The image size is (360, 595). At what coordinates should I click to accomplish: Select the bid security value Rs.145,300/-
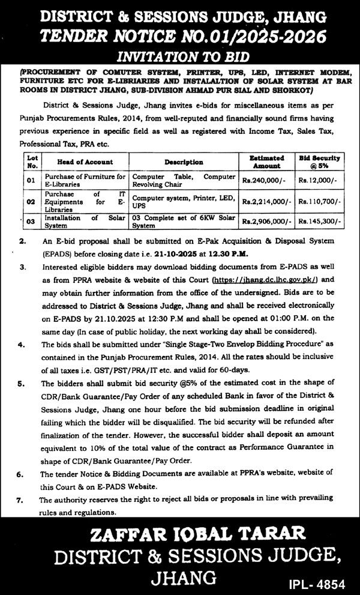pyautogui.click(x=319, y=222)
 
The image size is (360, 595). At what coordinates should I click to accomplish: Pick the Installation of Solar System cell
pyautogui.click(x=85, y=222)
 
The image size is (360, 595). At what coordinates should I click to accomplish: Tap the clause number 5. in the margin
pyautogui.click(x=22, y=382)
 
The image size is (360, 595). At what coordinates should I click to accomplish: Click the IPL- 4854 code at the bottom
pyautogui.click(x=321, y=582)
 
